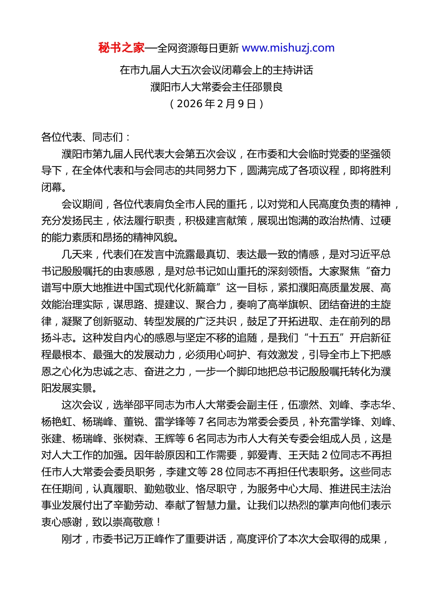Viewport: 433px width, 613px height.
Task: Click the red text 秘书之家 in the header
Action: tap(121, 48)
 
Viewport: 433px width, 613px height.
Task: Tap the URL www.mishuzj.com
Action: tap(288, 48)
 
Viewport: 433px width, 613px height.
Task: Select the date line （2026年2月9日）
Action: tap(216, 104)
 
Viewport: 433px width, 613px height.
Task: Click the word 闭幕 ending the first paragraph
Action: tap(52, 187)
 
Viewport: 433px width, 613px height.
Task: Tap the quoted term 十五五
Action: tap(324, 338)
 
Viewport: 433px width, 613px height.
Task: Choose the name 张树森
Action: tap(129, 439)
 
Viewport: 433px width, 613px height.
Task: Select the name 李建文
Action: tap(180, 472)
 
